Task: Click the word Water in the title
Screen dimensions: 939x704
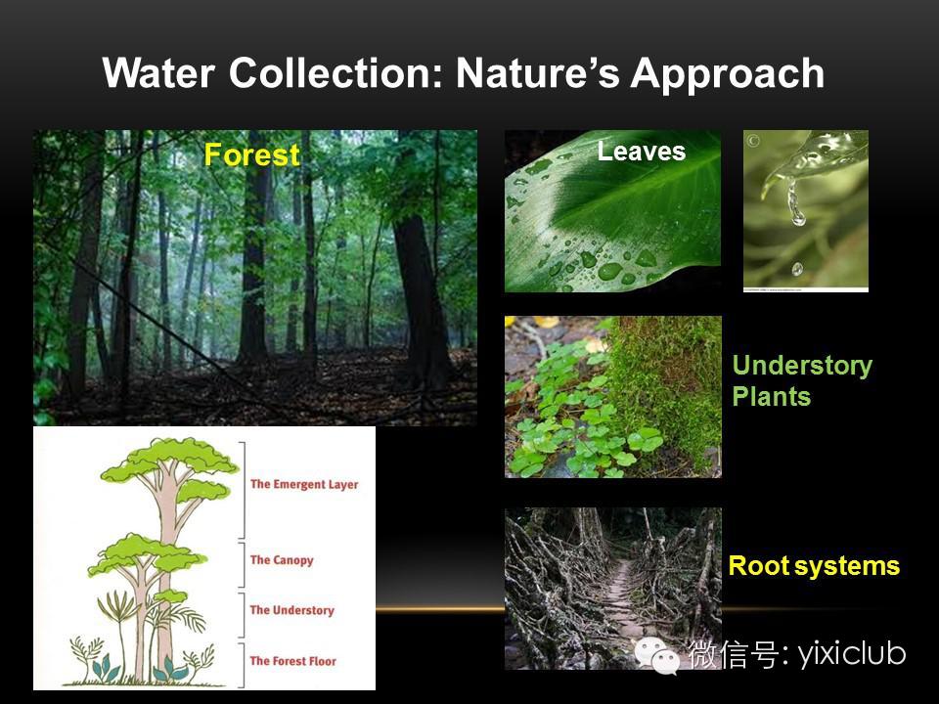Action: click(x=158, y=73)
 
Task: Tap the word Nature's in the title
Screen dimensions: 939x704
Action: click(x=537, y=73)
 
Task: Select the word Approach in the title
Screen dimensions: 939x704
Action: click(x=727, y=74)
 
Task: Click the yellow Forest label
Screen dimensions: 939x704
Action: click(x=251, y=155)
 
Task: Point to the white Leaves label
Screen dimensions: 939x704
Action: click(x=642, y=151)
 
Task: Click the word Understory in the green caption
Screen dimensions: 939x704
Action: click(x=802, y=366)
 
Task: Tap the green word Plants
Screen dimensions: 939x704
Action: click(x=772, y=396)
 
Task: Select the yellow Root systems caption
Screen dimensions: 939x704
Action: click(x=814, y=566)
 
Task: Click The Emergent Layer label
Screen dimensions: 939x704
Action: click(x=304, y=484)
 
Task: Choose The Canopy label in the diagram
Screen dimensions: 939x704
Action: click(x=282, y=560)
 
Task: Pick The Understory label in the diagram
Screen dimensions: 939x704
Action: click(x=291, y=610)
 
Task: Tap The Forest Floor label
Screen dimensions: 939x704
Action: click(x=292, y=661)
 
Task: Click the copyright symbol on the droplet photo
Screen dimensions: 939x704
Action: click(x=753, y=141)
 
